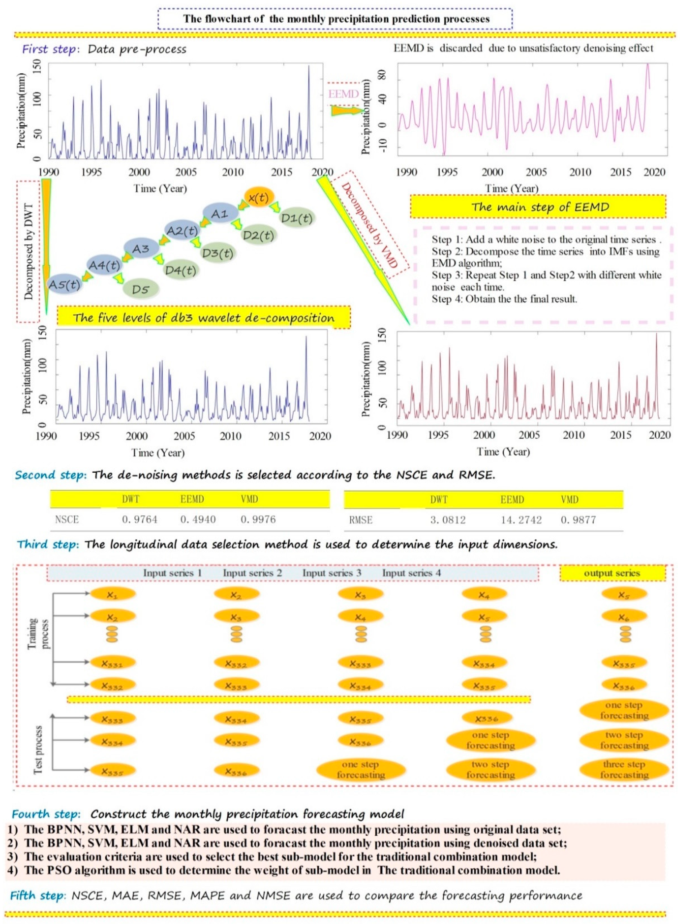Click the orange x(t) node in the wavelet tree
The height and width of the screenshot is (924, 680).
pos(258,198)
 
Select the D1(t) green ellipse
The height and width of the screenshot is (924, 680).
pos(296,218)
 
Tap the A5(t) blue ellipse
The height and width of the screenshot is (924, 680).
pos(65,284)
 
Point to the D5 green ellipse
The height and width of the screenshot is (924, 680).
pos(140,290)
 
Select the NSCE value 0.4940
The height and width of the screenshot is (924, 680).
pos(198,519)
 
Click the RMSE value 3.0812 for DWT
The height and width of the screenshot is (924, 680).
pos(448,520)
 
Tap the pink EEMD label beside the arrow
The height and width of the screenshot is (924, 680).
pos(343,94)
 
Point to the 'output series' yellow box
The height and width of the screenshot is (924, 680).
pos(612,573)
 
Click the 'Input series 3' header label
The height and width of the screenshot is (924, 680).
pos(332,573)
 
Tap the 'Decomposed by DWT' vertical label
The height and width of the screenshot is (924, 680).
pos(29,251)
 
